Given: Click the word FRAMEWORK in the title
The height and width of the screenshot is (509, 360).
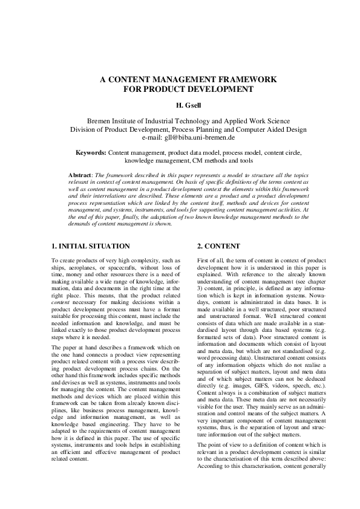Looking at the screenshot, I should click(x=246, y=80).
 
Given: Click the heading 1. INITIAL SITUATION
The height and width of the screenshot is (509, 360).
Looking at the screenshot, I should click(x=91, y=247).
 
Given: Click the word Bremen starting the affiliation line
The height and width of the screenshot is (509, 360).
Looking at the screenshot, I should click(x=101, y=121).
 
